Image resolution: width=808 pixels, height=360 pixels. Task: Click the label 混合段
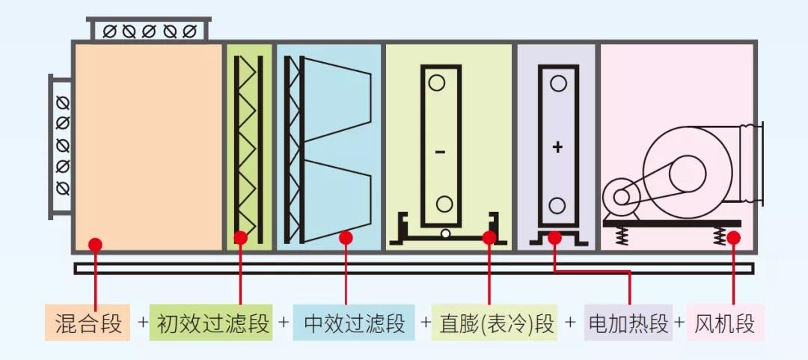[x=88, y=324]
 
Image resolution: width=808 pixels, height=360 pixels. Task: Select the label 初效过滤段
[x=212, y=324]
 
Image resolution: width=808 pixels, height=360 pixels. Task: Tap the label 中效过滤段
[x=354, y=324]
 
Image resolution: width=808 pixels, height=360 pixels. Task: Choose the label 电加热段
[x=628, y=324]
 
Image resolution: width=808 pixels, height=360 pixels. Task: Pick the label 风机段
[x=725, y=324]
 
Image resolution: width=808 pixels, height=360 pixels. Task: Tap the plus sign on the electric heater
[x=557, y=147]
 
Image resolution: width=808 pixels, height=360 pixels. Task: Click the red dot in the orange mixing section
[x=95, y=244]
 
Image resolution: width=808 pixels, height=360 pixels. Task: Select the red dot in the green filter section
[x=240, y=238]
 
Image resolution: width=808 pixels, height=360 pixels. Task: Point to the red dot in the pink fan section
[x=733, y=238]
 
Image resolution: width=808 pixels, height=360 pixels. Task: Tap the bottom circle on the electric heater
[x=557, y=205]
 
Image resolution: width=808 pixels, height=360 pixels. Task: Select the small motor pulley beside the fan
[x=622, y=197]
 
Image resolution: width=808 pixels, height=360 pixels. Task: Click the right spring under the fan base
[x=719, y=237]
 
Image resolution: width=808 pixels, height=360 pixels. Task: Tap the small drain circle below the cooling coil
[x=445, y=234]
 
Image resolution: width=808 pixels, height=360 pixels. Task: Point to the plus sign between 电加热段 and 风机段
[x=679, y=323]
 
